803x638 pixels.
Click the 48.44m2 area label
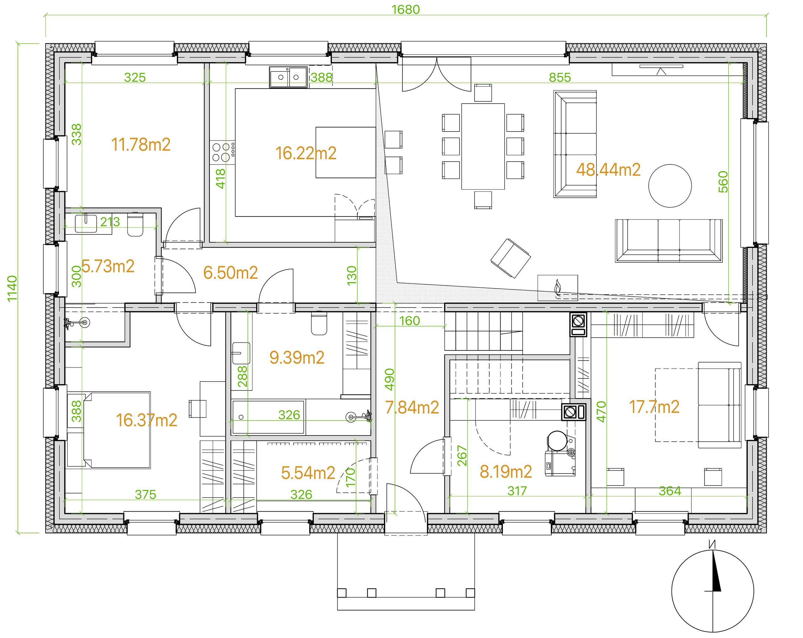(x=608, y=170)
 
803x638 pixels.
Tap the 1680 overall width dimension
(x=406, y=9)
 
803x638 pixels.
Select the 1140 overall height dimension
(x=12, y=288)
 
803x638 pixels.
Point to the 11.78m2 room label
(x=141, y=145)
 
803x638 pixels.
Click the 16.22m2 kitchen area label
(x=306, y=153)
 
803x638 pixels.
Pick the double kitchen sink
(x=289, y=77)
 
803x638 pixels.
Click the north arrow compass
(x=712, y=591)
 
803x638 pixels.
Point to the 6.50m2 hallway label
(x=231, y=273)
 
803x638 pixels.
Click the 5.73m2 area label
(x=108, y=266)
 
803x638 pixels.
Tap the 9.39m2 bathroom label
(x=297, y=358)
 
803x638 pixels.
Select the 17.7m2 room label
(x=654, y=407)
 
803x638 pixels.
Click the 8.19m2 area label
(x=506, y=472)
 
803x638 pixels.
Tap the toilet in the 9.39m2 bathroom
(x=319, y=323)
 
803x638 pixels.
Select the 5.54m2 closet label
(x=308, y=473)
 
